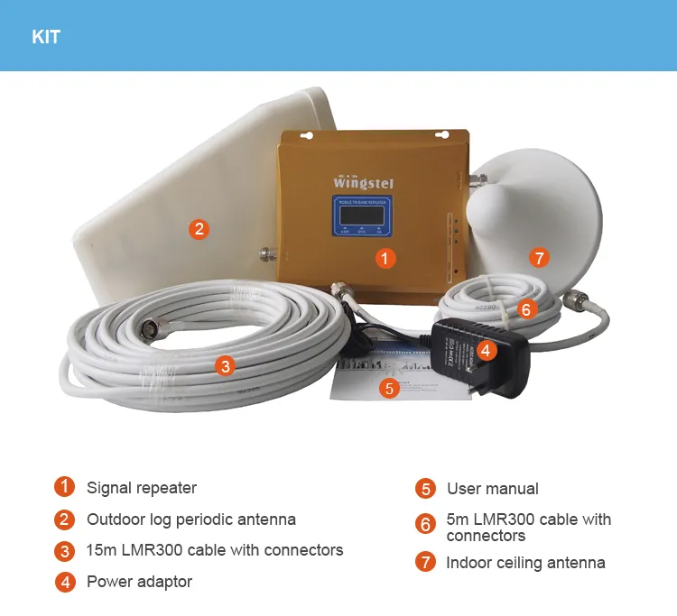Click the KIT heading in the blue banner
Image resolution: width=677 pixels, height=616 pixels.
46,37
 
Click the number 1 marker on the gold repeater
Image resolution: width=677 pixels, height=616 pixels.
385,259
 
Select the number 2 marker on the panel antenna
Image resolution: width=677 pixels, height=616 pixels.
199,229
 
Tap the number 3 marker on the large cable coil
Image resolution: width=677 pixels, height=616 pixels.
226,365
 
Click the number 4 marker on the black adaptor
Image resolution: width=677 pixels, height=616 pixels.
486,350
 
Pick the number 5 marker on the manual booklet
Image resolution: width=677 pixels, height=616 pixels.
389,389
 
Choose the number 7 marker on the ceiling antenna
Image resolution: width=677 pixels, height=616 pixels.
539,259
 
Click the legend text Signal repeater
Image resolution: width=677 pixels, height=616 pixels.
141,488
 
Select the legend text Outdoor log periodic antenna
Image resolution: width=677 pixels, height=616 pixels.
190,519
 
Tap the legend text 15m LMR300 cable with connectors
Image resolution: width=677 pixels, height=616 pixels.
214,550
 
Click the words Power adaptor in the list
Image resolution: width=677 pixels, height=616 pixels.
139,582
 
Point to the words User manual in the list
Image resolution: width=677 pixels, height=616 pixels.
492,489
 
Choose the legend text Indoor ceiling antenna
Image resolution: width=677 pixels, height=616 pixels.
525,563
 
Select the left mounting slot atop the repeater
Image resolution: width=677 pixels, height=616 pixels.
303,136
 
